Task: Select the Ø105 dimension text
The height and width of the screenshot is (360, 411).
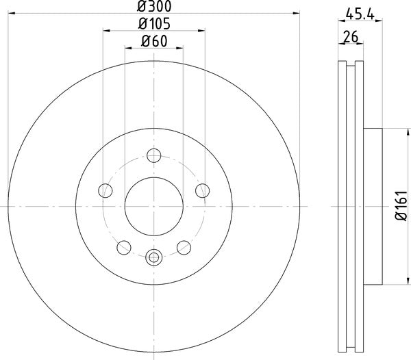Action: (153, 25)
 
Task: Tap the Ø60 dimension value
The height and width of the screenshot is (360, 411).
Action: (153, 42)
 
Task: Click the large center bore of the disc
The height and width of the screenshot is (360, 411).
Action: (153, 206)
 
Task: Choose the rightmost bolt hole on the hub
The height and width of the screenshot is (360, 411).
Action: (202, 190)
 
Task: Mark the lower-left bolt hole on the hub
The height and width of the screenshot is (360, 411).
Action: (123, 247)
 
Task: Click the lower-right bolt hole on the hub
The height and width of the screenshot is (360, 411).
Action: (184, 247)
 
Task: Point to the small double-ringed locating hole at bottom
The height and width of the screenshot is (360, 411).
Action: (153, 257)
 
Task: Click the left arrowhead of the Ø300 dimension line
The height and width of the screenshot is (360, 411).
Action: (10, 12)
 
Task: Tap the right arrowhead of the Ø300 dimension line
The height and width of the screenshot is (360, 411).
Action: (297, 12)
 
